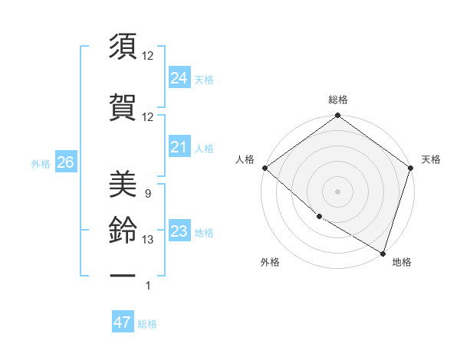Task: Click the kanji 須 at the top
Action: coord(123,47)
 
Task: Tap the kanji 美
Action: coord(123,183)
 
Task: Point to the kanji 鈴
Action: coord(123,230)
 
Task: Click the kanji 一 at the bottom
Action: coord(123,273)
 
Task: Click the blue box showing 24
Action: coord(179,77)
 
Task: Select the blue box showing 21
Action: coord(179,147)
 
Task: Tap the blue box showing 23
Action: coord(179,231)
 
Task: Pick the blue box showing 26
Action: coord(65,162)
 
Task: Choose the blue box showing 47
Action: coord(123,322)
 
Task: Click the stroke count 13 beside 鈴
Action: coord(148,240)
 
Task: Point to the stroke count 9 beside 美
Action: coord(147,194)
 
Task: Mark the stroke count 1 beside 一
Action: coord(148,286)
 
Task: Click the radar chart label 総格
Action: coord(338,100)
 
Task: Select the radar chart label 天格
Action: coord(431,159)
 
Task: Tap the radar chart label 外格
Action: coord(270,262)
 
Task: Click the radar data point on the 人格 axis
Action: coord(264,168)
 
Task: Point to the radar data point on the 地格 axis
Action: coord(383,253)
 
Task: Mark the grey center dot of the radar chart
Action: coord(337,191)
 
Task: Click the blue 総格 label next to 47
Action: coord(147,324)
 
